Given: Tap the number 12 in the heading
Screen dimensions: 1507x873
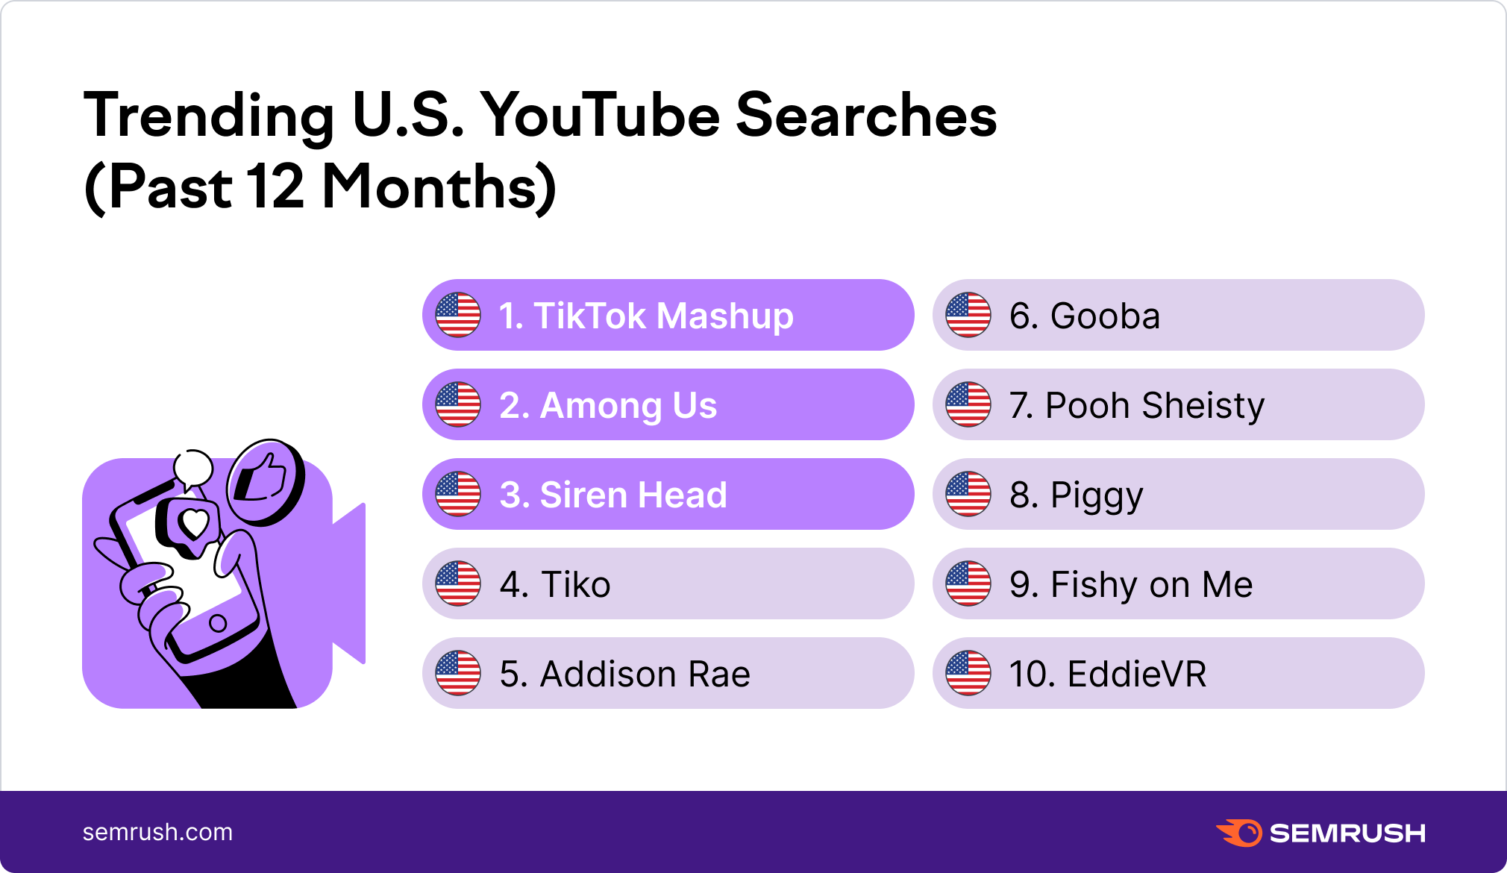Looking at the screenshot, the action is click(275, 187).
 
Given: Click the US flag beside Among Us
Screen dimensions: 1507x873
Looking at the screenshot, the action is click(458, 404).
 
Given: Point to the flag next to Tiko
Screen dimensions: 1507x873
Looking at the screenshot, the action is click(458, 583).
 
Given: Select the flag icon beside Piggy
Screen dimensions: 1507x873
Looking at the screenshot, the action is click(968, 494).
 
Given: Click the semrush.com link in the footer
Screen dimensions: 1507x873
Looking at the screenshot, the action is click(157, 832).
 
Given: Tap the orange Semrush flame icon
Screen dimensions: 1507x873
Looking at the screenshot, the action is click(1238, 833).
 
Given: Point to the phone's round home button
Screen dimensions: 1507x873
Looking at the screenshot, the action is click(218, 623).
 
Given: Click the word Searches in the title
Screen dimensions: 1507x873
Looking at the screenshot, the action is click(866, 116).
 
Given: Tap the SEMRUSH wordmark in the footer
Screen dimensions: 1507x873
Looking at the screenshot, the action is click(1347, 833).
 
